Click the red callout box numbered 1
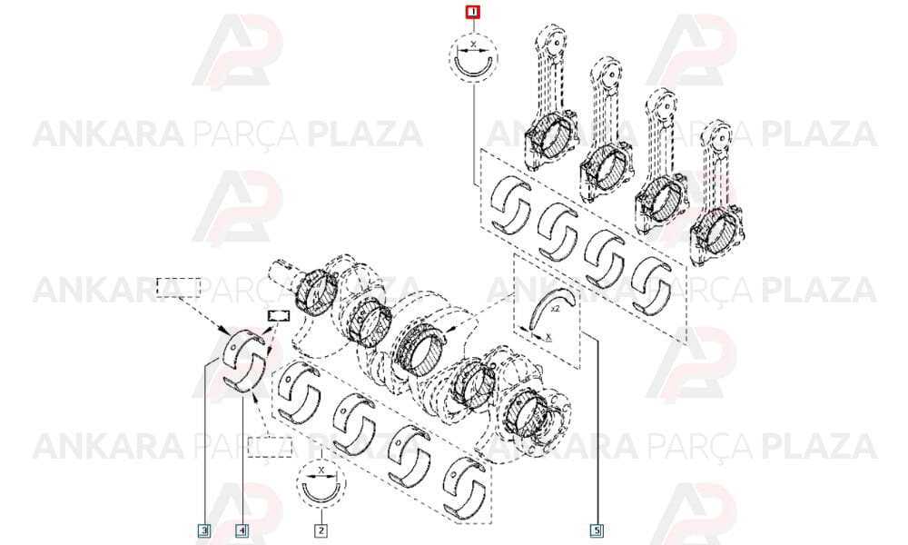pyautogui.click(x=474, y=12)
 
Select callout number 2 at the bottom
pyautogui.click(x=321, y=530)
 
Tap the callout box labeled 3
pyautogui.click(x=203, y=530)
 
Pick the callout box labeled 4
pyautogui.click(x=242, y=530)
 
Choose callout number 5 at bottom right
pyautogui.click(x=597, y=530)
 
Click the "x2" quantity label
pyautogui.click(x=556, y=309)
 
